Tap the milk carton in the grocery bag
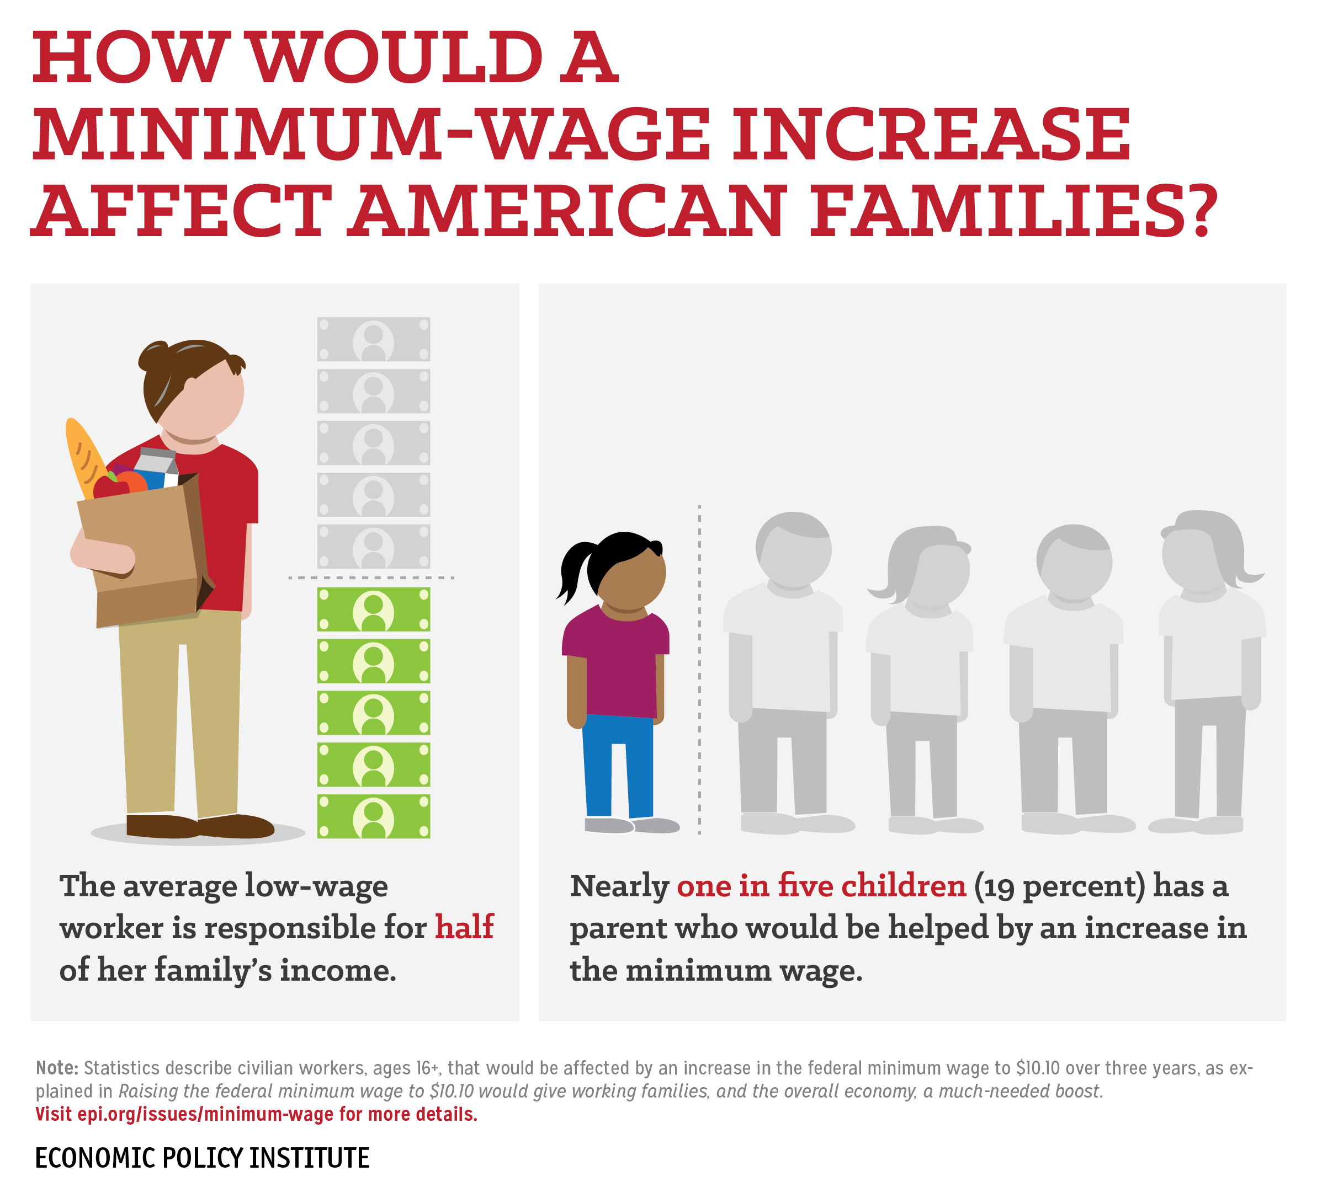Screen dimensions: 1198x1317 156,467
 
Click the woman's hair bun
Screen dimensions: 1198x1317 152,356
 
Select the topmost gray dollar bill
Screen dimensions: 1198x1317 374,339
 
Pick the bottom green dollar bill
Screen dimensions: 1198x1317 374,816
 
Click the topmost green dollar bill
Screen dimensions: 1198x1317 374,609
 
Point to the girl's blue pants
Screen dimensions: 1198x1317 617,764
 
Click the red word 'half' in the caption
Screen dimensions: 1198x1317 464,927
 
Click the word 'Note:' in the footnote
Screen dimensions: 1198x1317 57,1067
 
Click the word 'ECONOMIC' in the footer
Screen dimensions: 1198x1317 95,1158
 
